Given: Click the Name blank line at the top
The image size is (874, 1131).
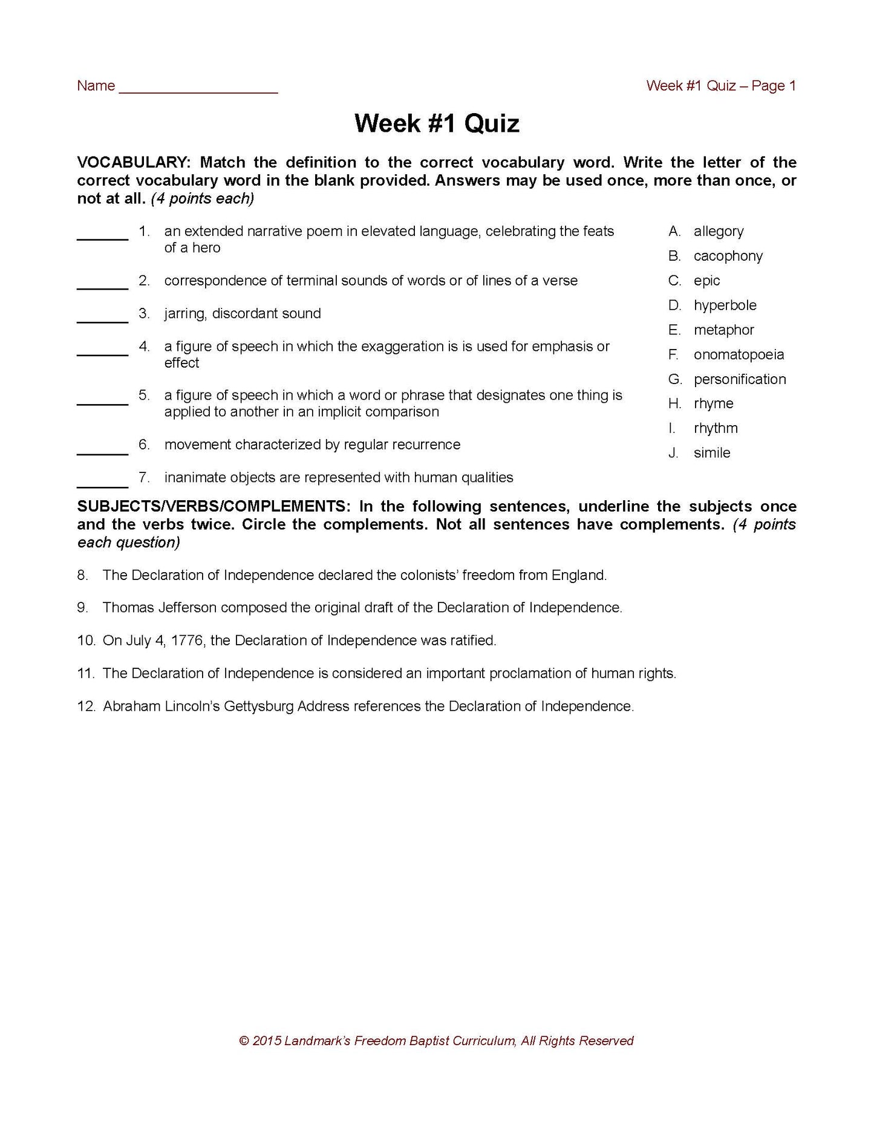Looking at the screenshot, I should pos(198,91).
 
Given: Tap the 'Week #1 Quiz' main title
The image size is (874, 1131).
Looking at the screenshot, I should pos(437,123).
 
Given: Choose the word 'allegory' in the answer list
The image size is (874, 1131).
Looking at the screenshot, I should pos(719,231).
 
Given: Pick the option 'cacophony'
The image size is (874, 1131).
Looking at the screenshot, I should pos(728,256).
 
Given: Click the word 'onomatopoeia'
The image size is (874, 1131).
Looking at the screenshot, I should pos(739,354).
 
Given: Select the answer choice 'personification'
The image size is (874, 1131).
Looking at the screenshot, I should pos(740,379).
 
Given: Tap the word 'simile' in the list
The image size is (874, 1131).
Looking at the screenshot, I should pos(712,453).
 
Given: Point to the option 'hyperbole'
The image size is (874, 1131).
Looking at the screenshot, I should pos(725,305).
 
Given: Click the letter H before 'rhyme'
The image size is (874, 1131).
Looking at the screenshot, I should pos(675,403).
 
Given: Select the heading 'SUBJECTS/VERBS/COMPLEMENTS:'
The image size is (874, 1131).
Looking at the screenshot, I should pos(214,506).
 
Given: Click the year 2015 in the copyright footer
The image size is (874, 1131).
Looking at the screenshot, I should pos(266,1041).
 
